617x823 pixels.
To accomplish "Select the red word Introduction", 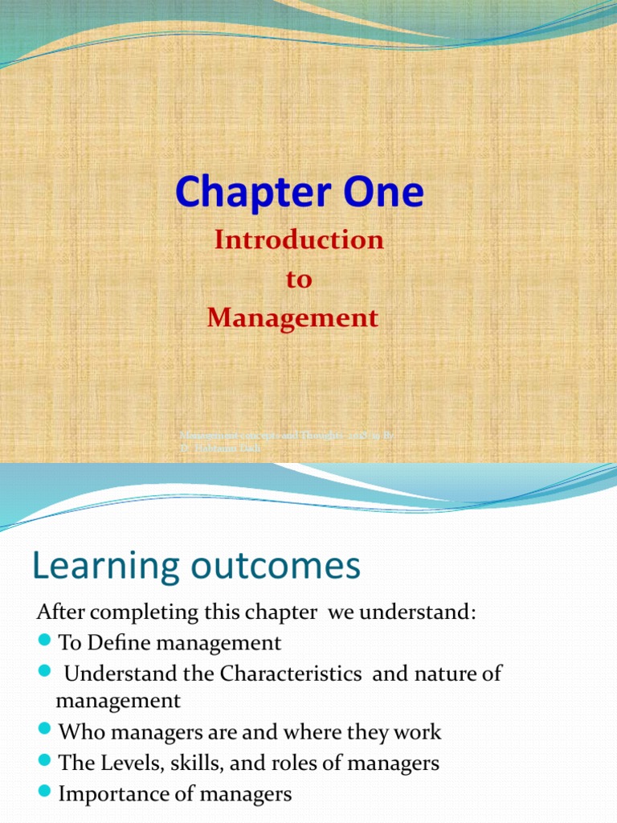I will click(x=299, y=240).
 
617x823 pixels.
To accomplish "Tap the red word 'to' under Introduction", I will click(x=299, y=280).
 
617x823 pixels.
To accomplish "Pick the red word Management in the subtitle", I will click(x=292, y=318).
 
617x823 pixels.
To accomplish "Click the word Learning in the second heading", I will click(x=104, y=567).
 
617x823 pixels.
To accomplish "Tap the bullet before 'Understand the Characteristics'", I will click(x=45, y=673).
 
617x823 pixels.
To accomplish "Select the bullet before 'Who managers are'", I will click(x=45, y=732).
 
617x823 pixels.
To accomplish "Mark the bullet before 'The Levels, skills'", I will click(x=45, y=762).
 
